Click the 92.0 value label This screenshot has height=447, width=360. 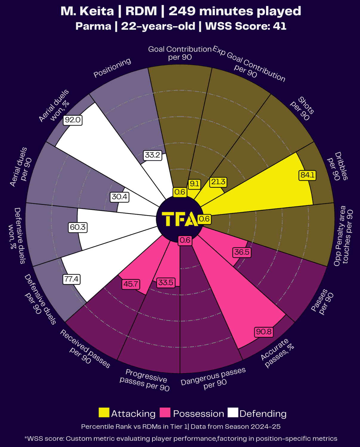tap(73, 120)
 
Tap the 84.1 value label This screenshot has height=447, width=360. tap(307, 175)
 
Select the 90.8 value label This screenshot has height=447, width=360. tap(264, 332)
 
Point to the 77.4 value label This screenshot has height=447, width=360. tap(72, 279)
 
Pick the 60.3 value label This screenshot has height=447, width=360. tap(78, 227)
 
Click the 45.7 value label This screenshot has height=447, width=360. tap(131, 284)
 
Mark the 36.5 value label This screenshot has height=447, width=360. tap(242, 252)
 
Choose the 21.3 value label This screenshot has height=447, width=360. tap(218, 182)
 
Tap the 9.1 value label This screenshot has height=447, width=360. tap(194, 184)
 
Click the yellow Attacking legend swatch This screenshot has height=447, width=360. tap(104, 413)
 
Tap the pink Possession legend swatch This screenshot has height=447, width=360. tap(165, 413)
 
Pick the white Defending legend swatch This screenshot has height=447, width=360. tap(233, 413)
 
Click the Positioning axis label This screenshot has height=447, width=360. tap(112, 68)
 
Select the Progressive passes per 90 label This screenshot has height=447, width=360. tap(145, 380)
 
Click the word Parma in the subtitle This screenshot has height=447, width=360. tap(93, 26)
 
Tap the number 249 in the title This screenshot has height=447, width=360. tap(182, 11)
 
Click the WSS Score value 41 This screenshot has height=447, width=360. tap(280, 26)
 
